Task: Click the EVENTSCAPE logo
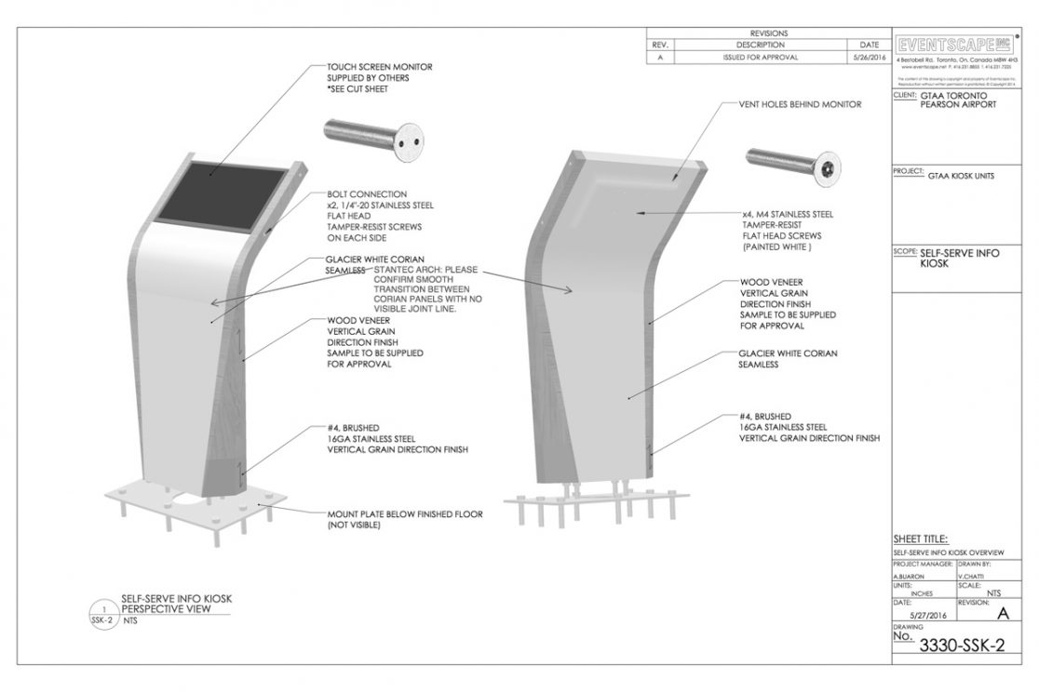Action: click(954, 46)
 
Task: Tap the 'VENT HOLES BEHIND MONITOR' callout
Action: click(800, 104)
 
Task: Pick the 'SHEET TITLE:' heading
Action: click(921, 539)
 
